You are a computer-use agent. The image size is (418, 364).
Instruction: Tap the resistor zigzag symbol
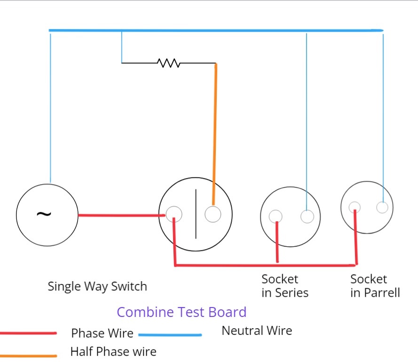[169, 63]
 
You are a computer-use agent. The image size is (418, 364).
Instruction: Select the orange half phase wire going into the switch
[215, 132]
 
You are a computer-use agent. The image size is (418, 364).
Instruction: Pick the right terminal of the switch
[213, 215]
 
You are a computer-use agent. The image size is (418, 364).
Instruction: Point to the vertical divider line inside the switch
[196, 214]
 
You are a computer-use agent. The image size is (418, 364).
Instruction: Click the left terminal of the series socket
[276, 216]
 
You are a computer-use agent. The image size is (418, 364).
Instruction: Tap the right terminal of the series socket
[307, 217]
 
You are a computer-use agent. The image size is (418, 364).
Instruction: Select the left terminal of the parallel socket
[355, 207]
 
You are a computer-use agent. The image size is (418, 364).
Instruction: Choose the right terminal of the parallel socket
[382, 207]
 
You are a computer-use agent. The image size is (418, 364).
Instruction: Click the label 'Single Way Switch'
[97, 286]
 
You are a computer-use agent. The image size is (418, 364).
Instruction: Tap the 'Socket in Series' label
[285, 286]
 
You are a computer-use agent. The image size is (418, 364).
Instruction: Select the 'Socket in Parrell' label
[375, 286]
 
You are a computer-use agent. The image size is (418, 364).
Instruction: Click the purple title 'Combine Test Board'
[181, 312]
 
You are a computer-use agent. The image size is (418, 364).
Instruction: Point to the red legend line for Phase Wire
[28, 333]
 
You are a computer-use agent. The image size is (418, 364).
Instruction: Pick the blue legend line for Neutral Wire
[170, 335]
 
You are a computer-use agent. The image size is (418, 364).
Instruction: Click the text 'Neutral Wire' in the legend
[257, 331]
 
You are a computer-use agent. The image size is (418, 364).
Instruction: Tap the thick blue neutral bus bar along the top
[216, 31]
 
